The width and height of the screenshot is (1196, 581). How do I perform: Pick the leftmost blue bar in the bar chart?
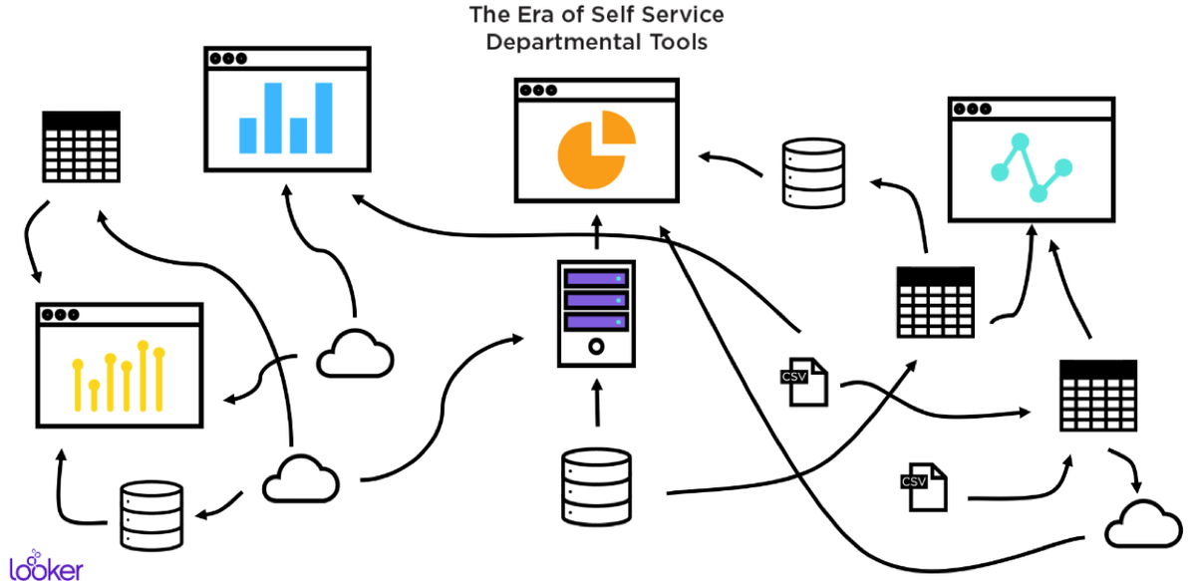[x=248, y=134]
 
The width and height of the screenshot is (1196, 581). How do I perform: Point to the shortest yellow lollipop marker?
[x=94, y=396]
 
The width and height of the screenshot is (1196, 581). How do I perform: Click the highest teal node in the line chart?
[x=1020, y=141]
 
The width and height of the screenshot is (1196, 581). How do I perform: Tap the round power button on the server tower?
[x=596, y=347]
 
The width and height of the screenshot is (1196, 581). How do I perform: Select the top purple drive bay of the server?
[x=596, y=278]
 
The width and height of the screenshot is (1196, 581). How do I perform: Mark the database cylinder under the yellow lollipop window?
[x=152, y=514]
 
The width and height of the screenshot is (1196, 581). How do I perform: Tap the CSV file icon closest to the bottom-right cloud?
[x=922, y=486]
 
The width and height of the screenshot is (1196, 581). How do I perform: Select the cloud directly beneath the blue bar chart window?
[x=355, y=353]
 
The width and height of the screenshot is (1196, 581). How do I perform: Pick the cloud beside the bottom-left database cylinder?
[x=300, y=479]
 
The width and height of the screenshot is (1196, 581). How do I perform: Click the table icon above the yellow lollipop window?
[x=81, y=145]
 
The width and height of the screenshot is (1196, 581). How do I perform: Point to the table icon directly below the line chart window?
[x=935, y=301]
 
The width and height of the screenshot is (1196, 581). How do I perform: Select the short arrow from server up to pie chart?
[x=596, y=232]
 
